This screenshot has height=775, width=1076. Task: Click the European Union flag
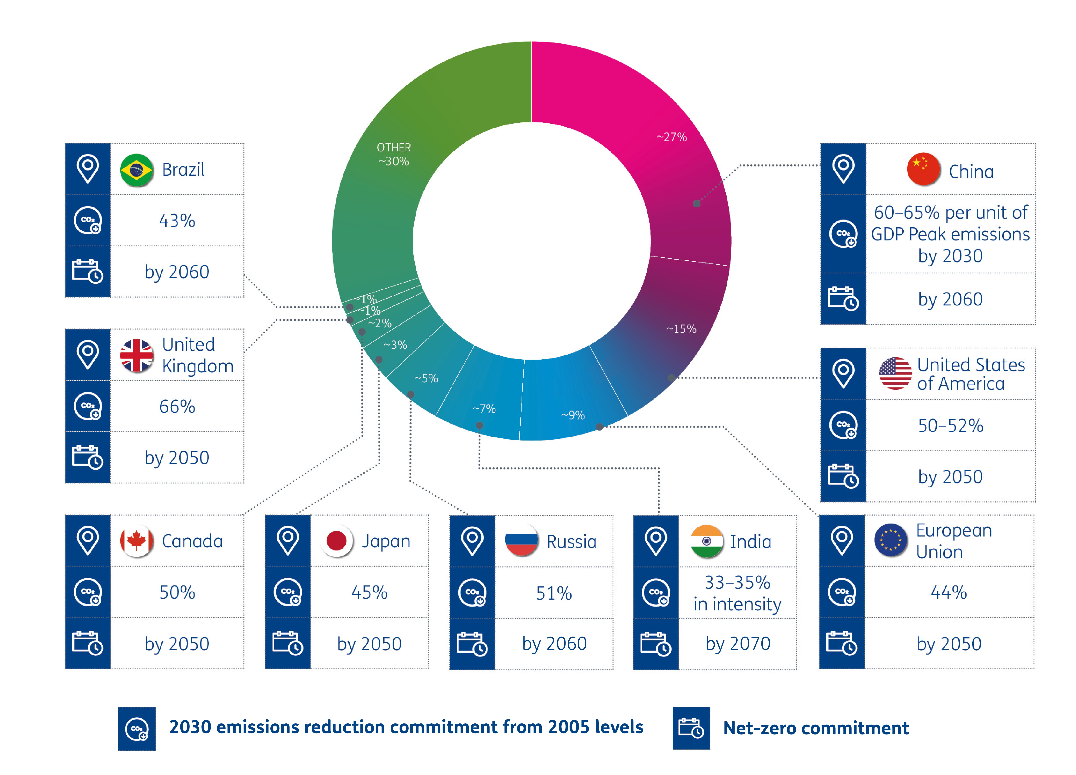(890, 540)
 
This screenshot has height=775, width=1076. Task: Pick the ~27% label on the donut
(671, 137)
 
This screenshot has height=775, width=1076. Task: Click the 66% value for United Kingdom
(177, 406)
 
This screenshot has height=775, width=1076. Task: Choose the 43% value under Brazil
(177, 221)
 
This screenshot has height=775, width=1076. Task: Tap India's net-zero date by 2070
(738, 644)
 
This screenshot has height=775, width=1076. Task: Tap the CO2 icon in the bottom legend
(137, 729)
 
